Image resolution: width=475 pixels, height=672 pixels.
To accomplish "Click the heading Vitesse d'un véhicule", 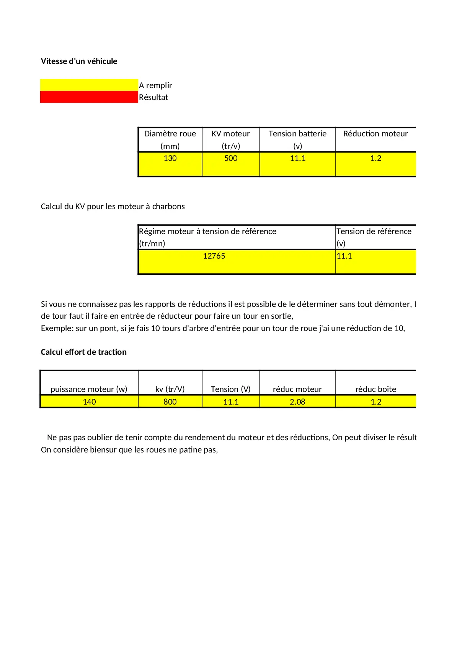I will click(79, 61).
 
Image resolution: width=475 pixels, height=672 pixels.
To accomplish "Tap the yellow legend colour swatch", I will click(89, 85).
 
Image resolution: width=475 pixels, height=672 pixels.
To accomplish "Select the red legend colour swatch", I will click(89, 97).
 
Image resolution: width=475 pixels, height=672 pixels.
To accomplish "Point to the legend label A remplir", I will click(155, 85).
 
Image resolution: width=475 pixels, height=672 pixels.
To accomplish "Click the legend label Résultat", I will click(153, 97).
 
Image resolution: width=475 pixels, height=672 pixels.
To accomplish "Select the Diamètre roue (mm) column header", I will click(170, 139).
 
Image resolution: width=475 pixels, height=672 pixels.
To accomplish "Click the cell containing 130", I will click(170, 158).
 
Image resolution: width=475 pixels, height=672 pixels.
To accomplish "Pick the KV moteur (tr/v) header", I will click(231, 139).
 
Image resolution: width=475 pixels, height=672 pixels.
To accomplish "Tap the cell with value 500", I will click(231, 158).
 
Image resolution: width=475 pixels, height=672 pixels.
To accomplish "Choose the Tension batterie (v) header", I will click(297, 139).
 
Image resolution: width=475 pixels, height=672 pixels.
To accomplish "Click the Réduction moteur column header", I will click(375, 134).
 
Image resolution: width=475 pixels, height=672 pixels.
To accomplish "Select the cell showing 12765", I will click(214, 256).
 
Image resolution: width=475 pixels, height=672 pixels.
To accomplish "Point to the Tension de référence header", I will click(374, 231).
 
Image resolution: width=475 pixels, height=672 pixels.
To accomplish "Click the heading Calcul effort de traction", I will click(83, 352).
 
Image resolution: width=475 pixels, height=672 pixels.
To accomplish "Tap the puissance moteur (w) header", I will click(89, 389).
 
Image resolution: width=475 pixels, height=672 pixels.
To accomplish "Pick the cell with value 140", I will click(89, 402).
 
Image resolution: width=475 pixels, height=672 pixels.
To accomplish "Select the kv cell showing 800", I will click(170, 402).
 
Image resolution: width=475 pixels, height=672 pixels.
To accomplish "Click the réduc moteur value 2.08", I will click(297, 402).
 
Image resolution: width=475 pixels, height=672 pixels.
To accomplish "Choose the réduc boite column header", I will click(375, 389).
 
